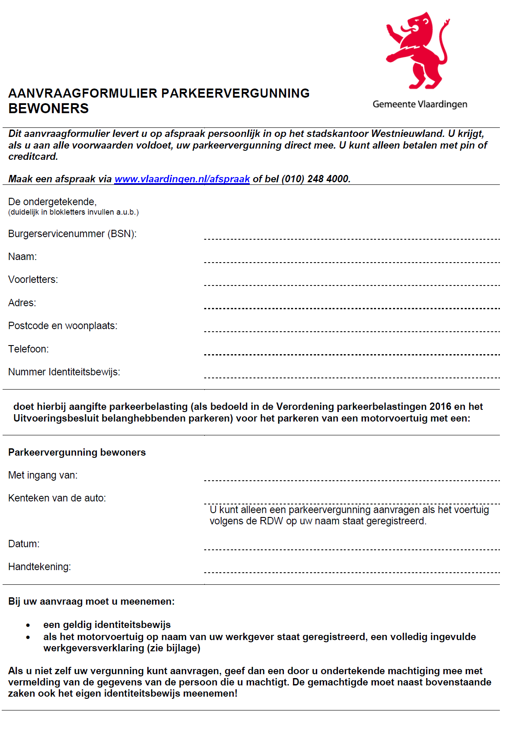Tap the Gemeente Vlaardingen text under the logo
[x=420, y=104]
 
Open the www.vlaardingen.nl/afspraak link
[x=182, y=179]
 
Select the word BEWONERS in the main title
[x=48, y=108]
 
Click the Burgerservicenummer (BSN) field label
[x=72, y=234]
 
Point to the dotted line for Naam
[x=352, y=262]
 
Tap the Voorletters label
[x=33, y=279]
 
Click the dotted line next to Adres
[x=352, y=308]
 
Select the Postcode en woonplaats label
[x=63, y=326]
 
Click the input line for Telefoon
[x=352, y=354]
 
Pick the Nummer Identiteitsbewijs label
[x=64, y=372]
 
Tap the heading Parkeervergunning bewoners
[x=77, y=452]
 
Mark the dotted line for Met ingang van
[x=352, y=480]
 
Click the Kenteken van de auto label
[x=57, y=498]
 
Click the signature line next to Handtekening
[x=352, y=572]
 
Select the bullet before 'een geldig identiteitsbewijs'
[x=28, y=625]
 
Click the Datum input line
[x=352, y=549]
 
